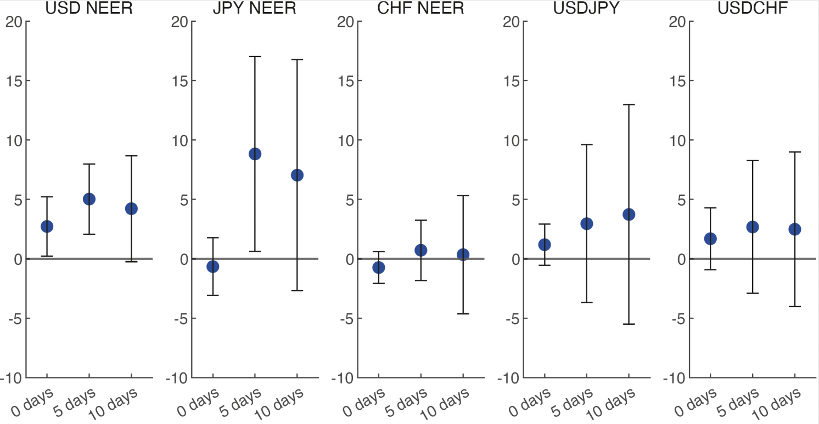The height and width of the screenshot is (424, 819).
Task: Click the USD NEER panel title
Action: [x=88, y=8]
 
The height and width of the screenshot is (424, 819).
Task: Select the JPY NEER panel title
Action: [x=255, y=8]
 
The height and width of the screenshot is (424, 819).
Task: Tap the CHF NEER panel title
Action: [x=420, y=8]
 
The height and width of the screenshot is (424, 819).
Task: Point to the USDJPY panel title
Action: [x=586, y=8]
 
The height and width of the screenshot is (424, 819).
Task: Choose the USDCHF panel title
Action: [x=753, y=8]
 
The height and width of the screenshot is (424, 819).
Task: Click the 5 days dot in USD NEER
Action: [x=89, y=199]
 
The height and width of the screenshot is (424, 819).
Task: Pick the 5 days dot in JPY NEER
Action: [x=255, y=154]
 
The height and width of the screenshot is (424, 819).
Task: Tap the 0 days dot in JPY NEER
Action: [x=213, y=267]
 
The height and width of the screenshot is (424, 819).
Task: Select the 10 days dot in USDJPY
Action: [x=629, y=214]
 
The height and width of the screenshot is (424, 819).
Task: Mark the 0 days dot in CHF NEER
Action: [x=379, y=268]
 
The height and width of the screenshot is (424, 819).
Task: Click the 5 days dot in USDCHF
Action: [x=753, y=227]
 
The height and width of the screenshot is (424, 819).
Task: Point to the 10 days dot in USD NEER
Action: [x=131, y=208]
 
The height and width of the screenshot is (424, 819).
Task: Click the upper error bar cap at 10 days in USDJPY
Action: [x=629, y=104]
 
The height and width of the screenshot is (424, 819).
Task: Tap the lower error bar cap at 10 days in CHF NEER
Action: [x=463, y=314]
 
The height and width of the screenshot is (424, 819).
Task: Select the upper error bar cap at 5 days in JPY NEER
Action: [x=255, y=56]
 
